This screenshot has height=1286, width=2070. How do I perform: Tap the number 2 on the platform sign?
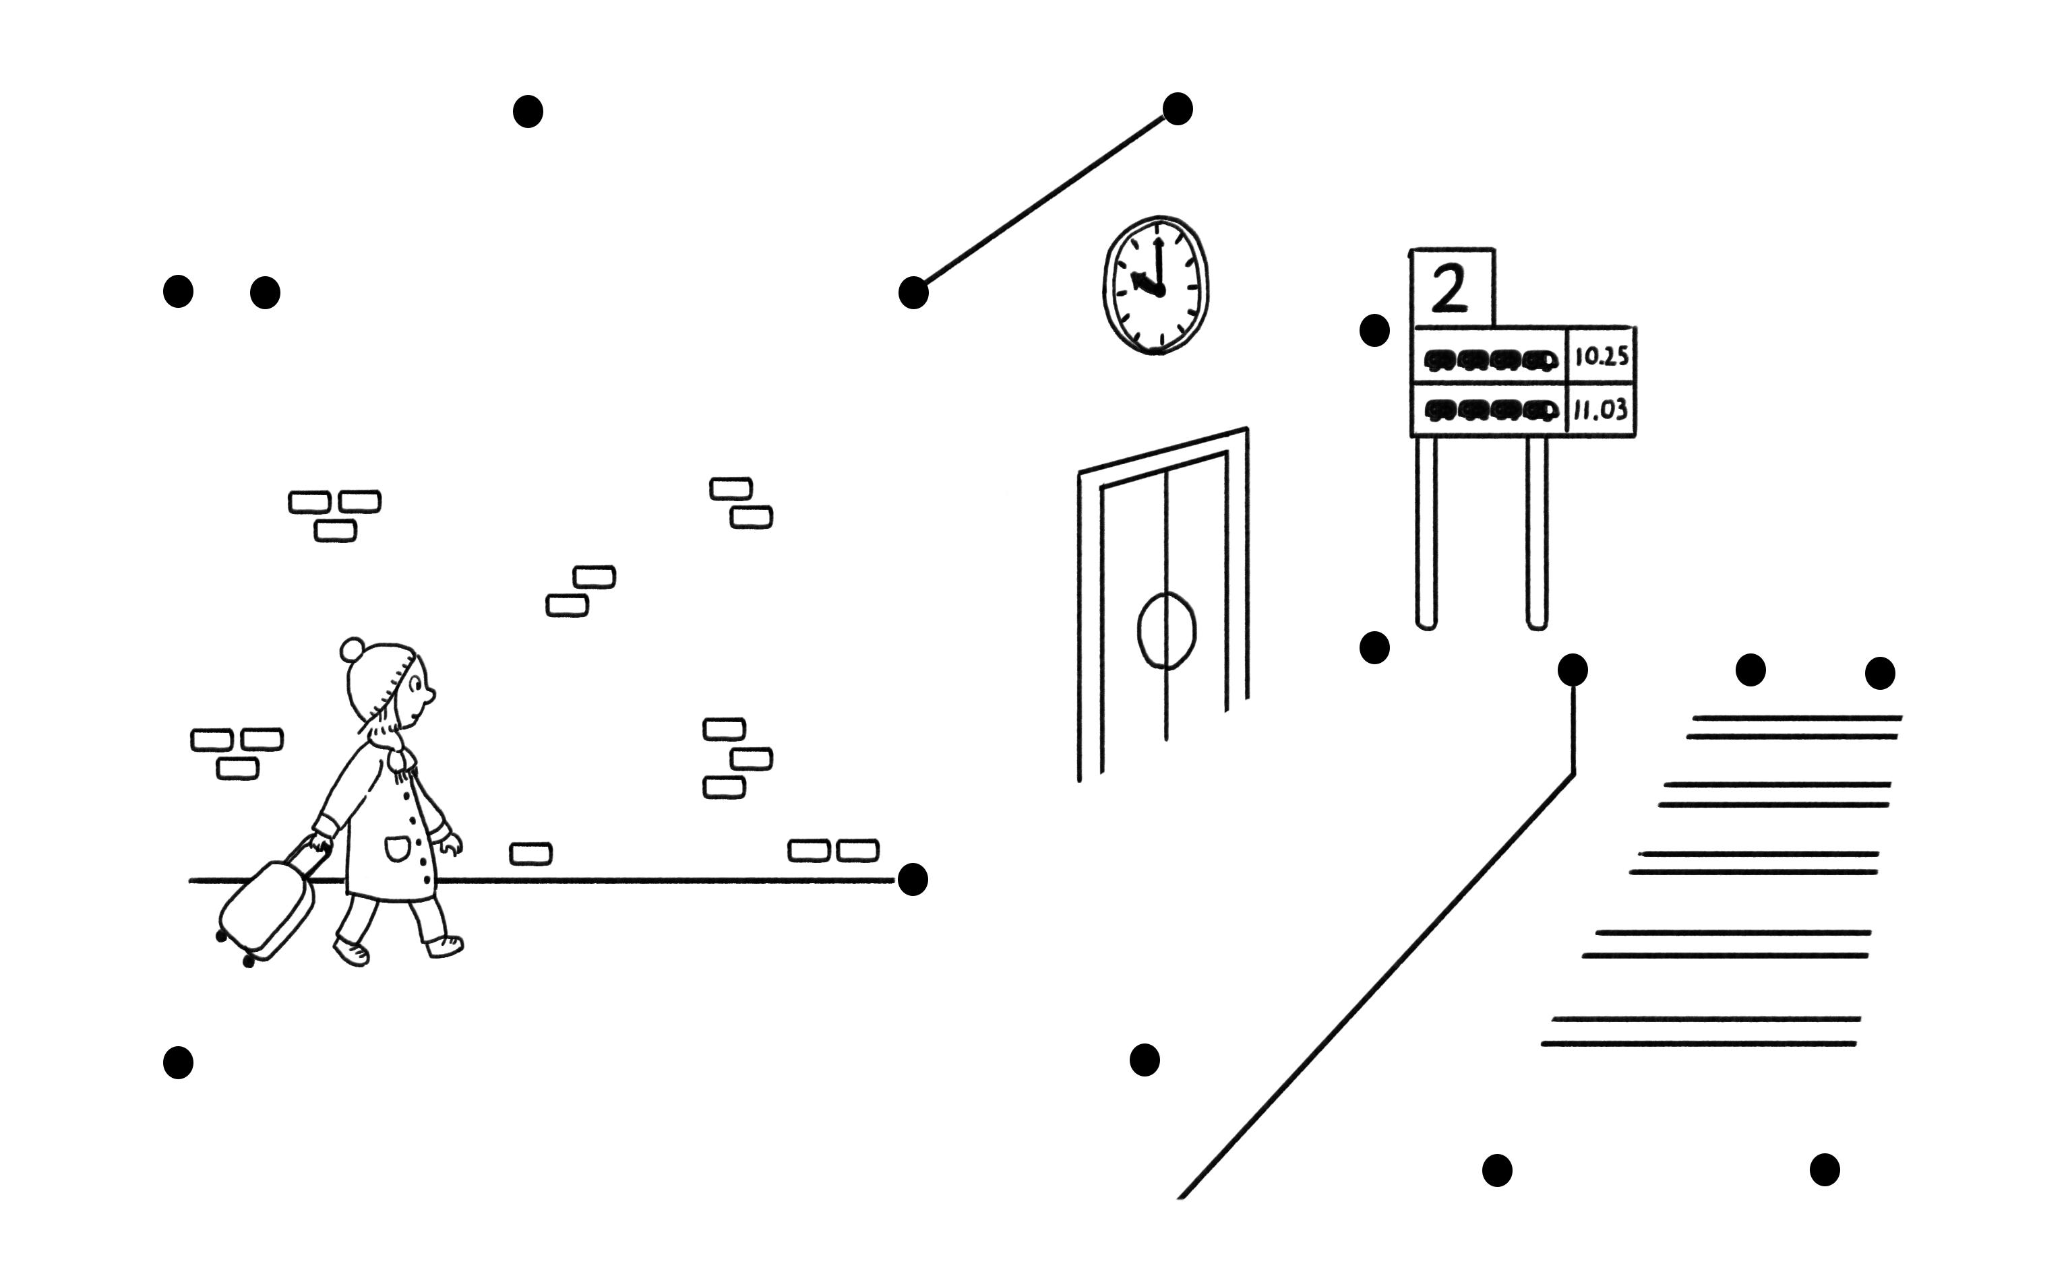[x=1451, y=289]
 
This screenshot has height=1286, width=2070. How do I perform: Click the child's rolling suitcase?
[x=266, y=910]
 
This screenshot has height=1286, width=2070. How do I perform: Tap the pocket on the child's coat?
[x=396, y=848]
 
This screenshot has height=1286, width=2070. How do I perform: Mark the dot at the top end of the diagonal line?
[x=1178, y=109]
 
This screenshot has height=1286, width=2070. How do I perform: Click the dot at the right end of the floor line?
[x=913, y=879]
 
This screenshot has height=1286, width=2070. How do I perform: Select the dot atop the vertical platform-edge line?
[x=1573, y=670]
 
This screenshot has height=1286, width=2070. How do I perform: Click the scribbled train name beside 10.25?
[x=1490, y=360]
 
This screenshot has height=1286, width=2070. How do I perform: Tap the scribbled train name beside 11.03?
[x=1490, y=412]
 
